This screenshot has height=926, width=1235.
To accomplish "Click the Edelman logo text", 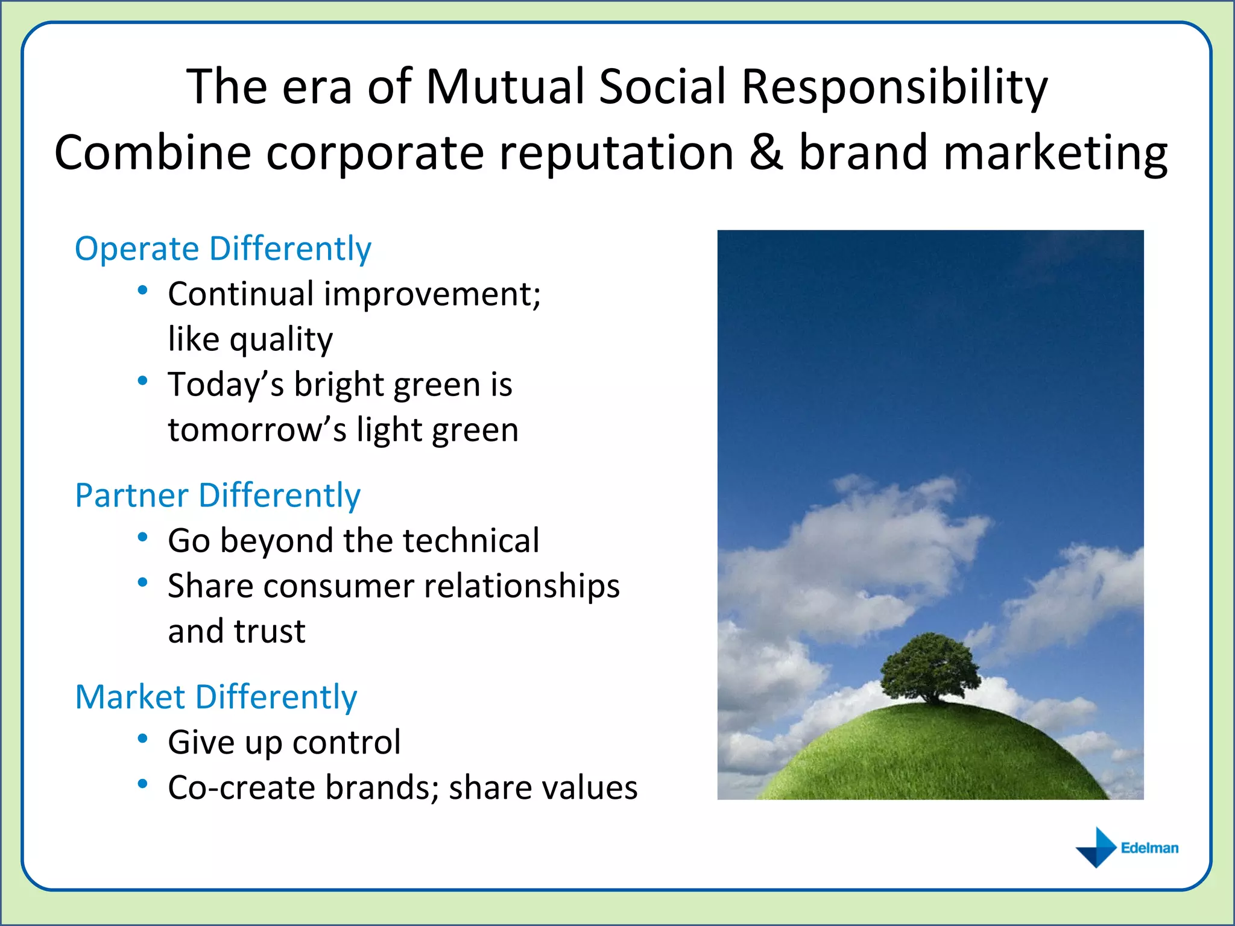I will tap(1149, 848).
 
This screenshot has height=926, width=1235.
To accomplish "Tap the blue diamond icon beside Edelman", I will tap(1097, 848).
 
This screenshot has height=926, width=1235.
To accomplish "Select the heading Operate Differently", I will tap(223, 248).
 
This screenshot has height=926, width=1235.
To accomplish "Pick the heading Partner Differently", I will tap(218, 495).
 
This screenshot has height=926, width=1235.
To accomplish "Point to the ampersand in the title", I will tap(766, 152).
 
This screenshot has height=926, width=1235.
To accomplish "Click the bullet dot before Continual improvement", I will tap(143, 291).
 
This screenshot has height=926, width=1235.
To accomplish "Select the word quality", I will tap(281, 339).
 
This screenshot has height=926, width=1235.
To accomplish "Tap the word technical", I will tap(471, 540).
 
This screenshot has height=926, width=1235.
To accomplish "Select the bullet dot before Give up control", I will tap(143, 739).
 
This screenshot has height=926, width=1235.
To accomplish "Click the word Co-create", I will tap(241, 787).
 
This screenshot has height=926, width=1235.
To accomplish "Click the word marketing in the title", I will tap(1055, 153).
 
